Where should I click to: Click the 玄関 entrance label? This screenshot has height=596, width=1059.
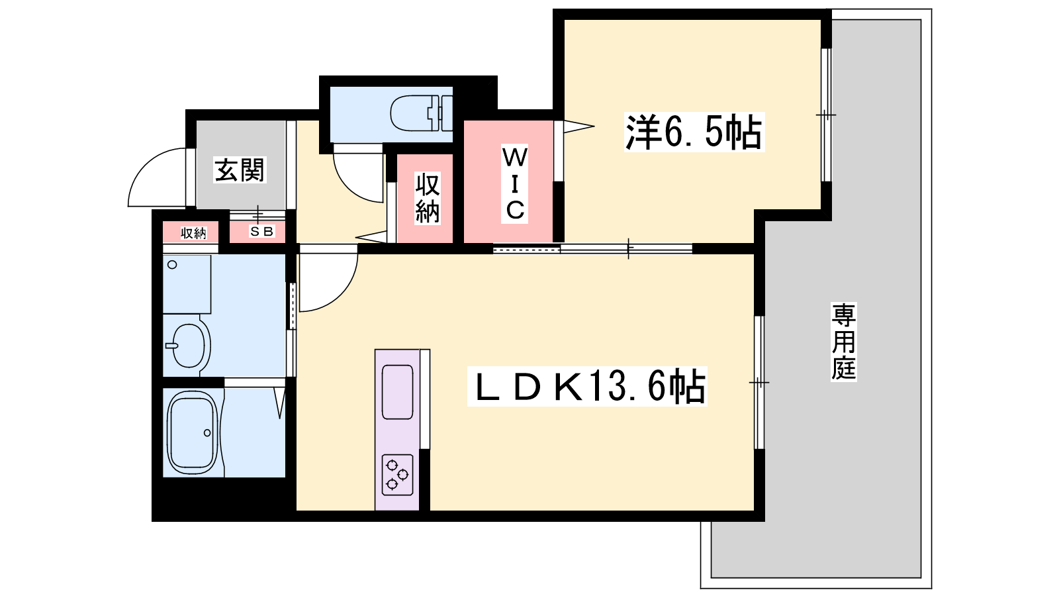point(240,170)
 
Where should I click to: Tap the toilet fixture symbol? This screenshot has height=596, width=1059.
point(421,113)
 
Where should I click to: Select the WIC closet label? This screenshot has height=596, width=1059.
point(514,183)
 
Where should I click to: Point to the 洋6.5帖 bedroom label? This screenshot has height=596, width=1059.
point(694,132)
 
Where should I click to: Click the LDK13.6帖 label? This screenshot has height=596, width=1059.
point(586,387)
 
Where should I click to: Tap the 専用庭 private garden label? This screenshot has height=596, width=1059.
point(844,342)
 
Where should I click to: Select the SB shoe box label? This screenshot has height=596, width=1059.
point(261,232)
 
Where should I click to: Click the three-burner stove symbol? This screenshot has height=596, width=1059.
point(397,474)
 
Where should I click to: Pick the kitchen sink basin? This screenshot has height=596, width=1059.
point(397,392)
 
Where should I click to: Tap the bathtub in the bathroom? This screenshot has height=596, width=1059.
point(193,433)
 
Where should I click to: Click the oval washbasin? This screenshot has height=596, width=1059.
point(189,345)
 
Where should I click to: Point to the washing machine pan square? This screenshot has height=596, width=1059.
point(187,284)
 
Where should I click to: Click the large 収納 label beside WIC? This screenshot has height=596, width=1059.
point(428,198)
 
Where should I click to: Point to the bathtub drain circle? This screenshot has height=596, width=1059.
point(207,433)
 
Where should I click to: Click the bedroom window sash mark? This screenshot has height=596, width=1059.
point(825,115)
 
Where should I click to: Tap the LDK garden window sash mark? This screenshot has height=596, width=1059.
point(759,381)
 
